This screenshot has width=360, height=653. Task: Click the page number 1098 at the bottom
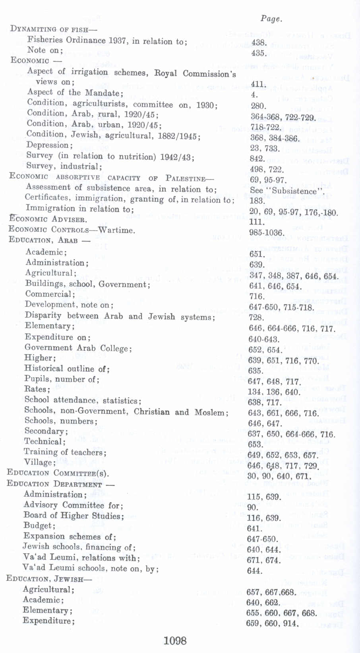(175, 640)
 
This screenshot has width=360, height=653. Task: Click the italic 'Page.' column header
(271, 19)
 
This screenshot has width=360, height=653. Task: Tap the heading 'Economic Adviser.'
(48, 219)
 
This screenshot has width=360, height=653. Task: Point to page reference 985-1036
(266, 232)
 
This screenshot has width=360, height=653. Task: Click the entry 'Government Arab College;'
(78, 348)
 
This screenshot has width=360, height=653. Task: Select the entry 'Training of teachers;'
(65, 452)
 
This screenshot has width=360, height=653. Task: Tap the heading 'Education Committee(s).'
(58, 473)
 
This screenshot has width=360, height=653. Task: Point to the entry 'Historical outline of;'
(67, 369)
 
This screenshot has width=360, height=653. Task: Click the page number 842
(257, 158)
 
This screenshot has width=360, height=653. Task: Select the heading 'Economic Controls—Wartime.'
(72, 230)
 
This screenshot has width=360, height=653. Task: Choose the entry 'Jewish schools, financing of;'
(79, 547)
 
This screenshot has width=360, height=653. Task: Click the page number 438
(259, 43)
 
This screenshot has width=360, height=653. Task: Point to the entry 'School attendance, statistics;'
(83, 400)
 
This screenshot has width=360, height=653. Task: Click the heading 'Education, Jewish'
(48, 579)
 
